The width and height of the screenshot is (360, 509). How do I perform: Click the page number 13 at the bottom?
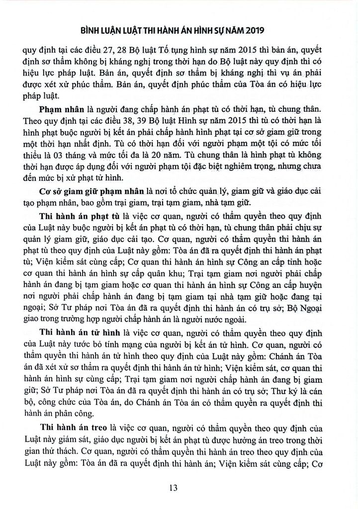[x=173, y=488]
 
